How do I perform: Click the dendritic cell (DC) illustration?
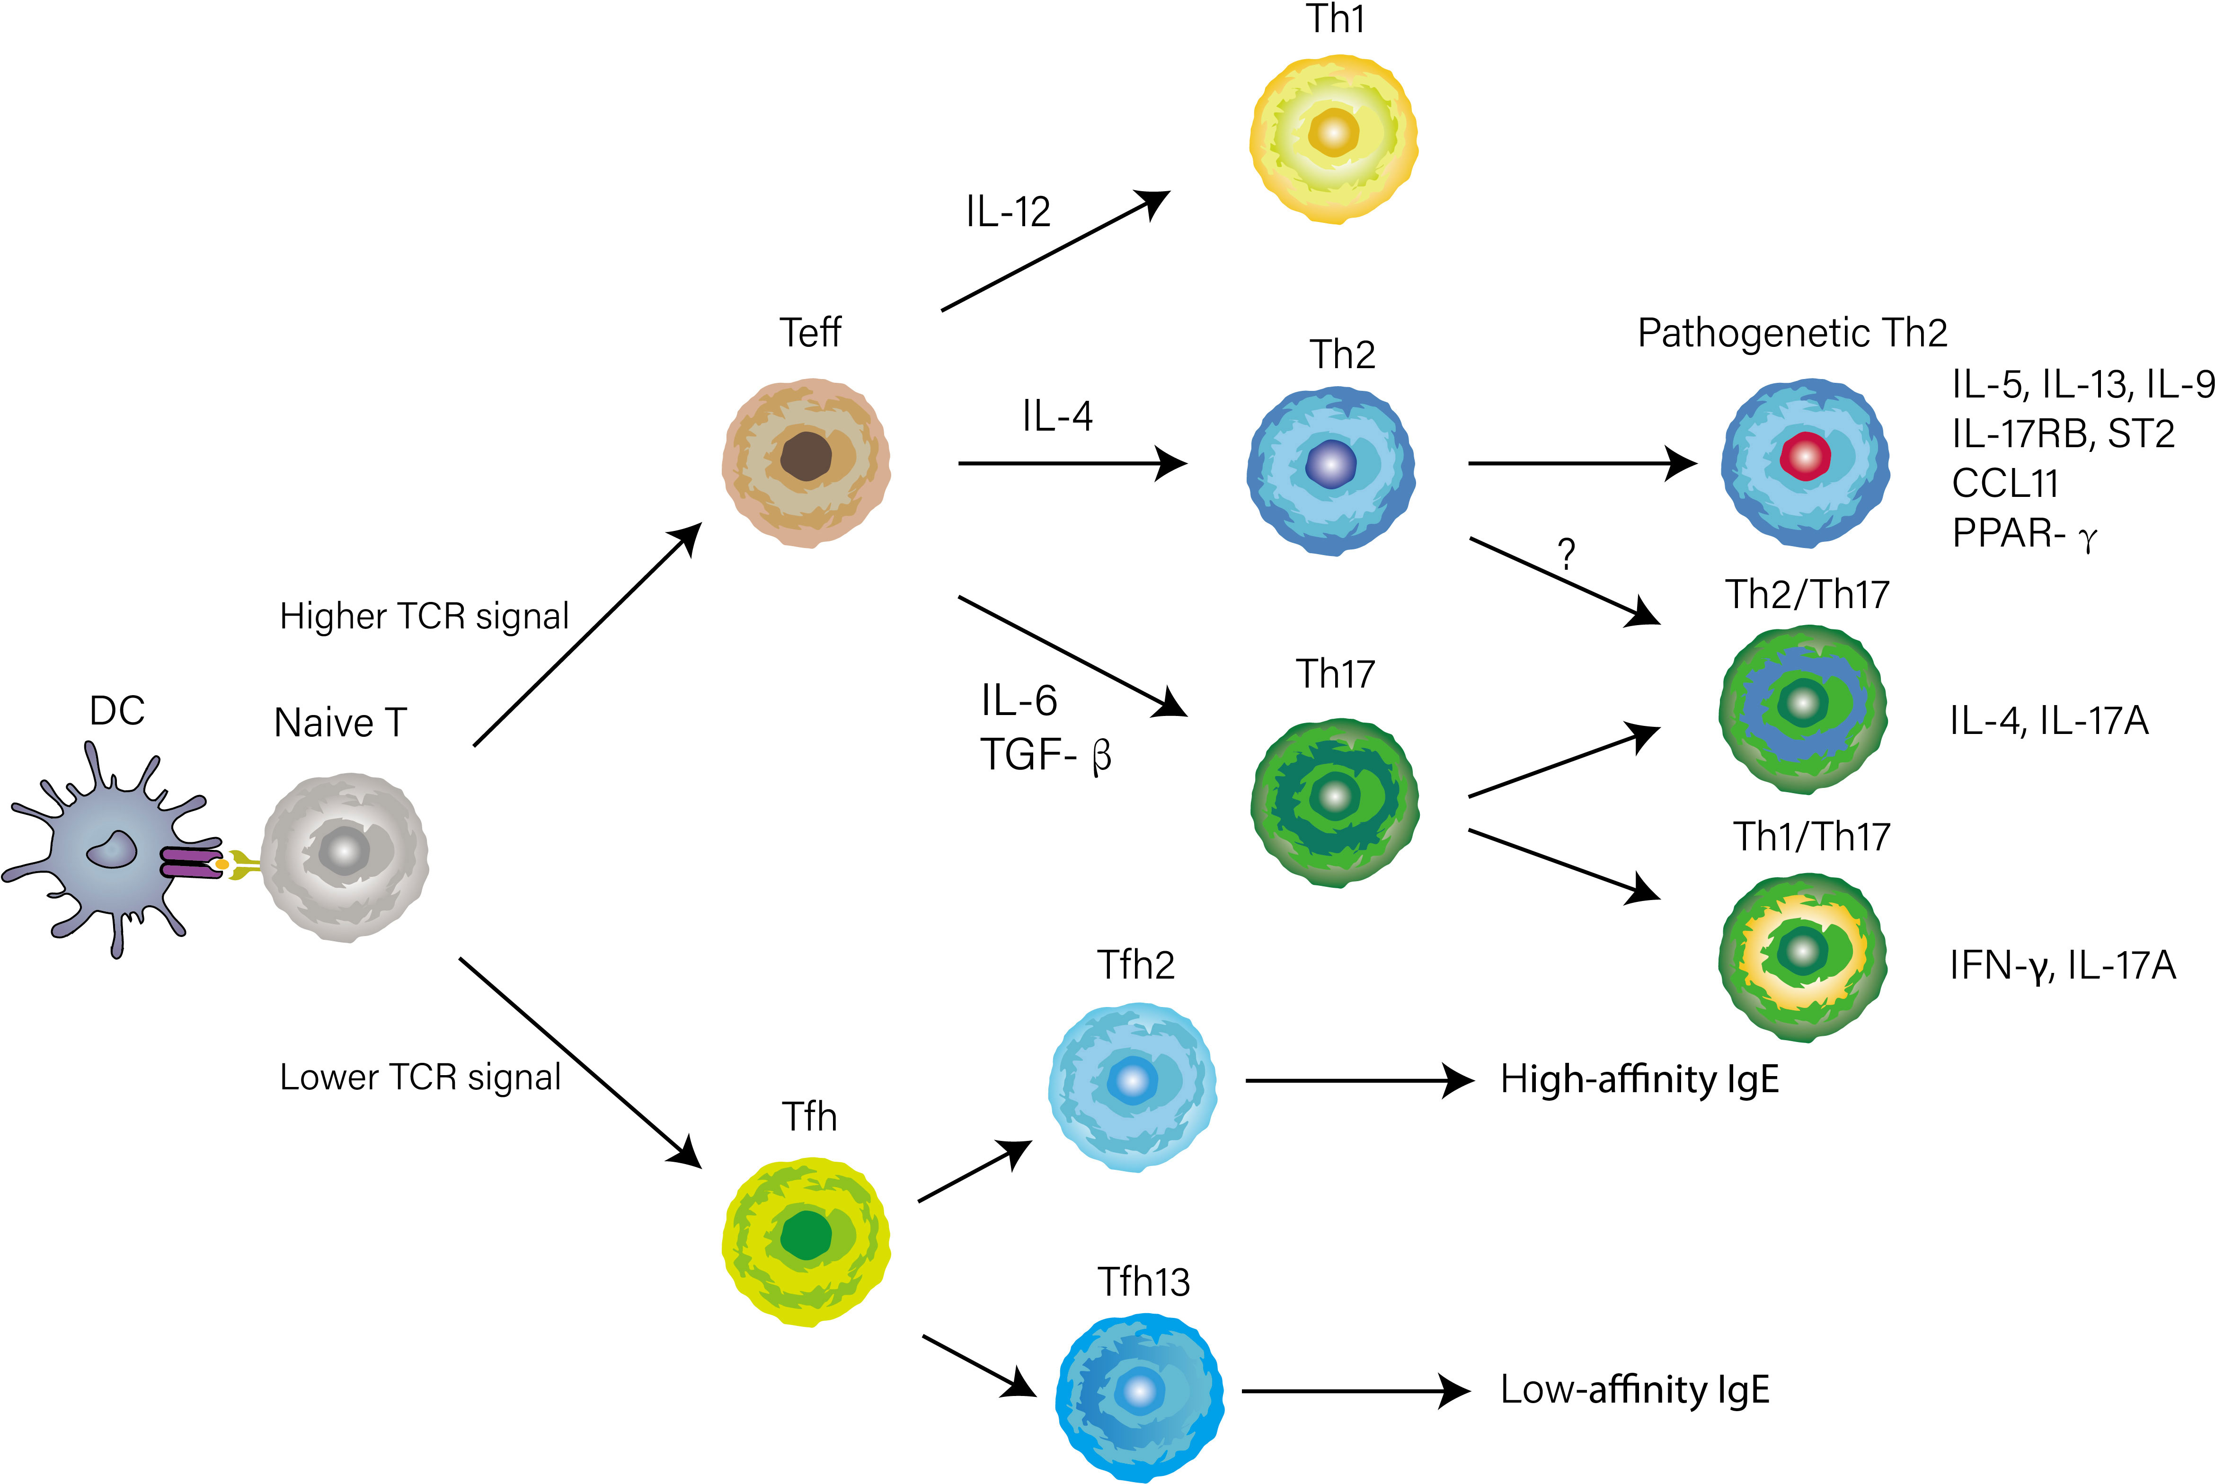click(109, 852)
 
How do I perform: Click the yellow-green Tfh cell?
click(806, 1240)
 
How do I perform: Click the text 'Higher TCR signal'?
click(424, 616)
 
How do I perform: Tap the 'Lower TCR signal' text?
click(420, 1077)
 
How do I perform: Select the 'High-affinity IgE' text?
click(1639, 1079)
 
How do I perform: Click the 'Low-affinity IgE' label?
click(1635, 1389)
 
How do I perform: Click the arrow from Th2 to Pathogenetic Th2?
click(1581, 464)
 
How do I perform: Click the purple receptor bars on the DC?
click(189, 863)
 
